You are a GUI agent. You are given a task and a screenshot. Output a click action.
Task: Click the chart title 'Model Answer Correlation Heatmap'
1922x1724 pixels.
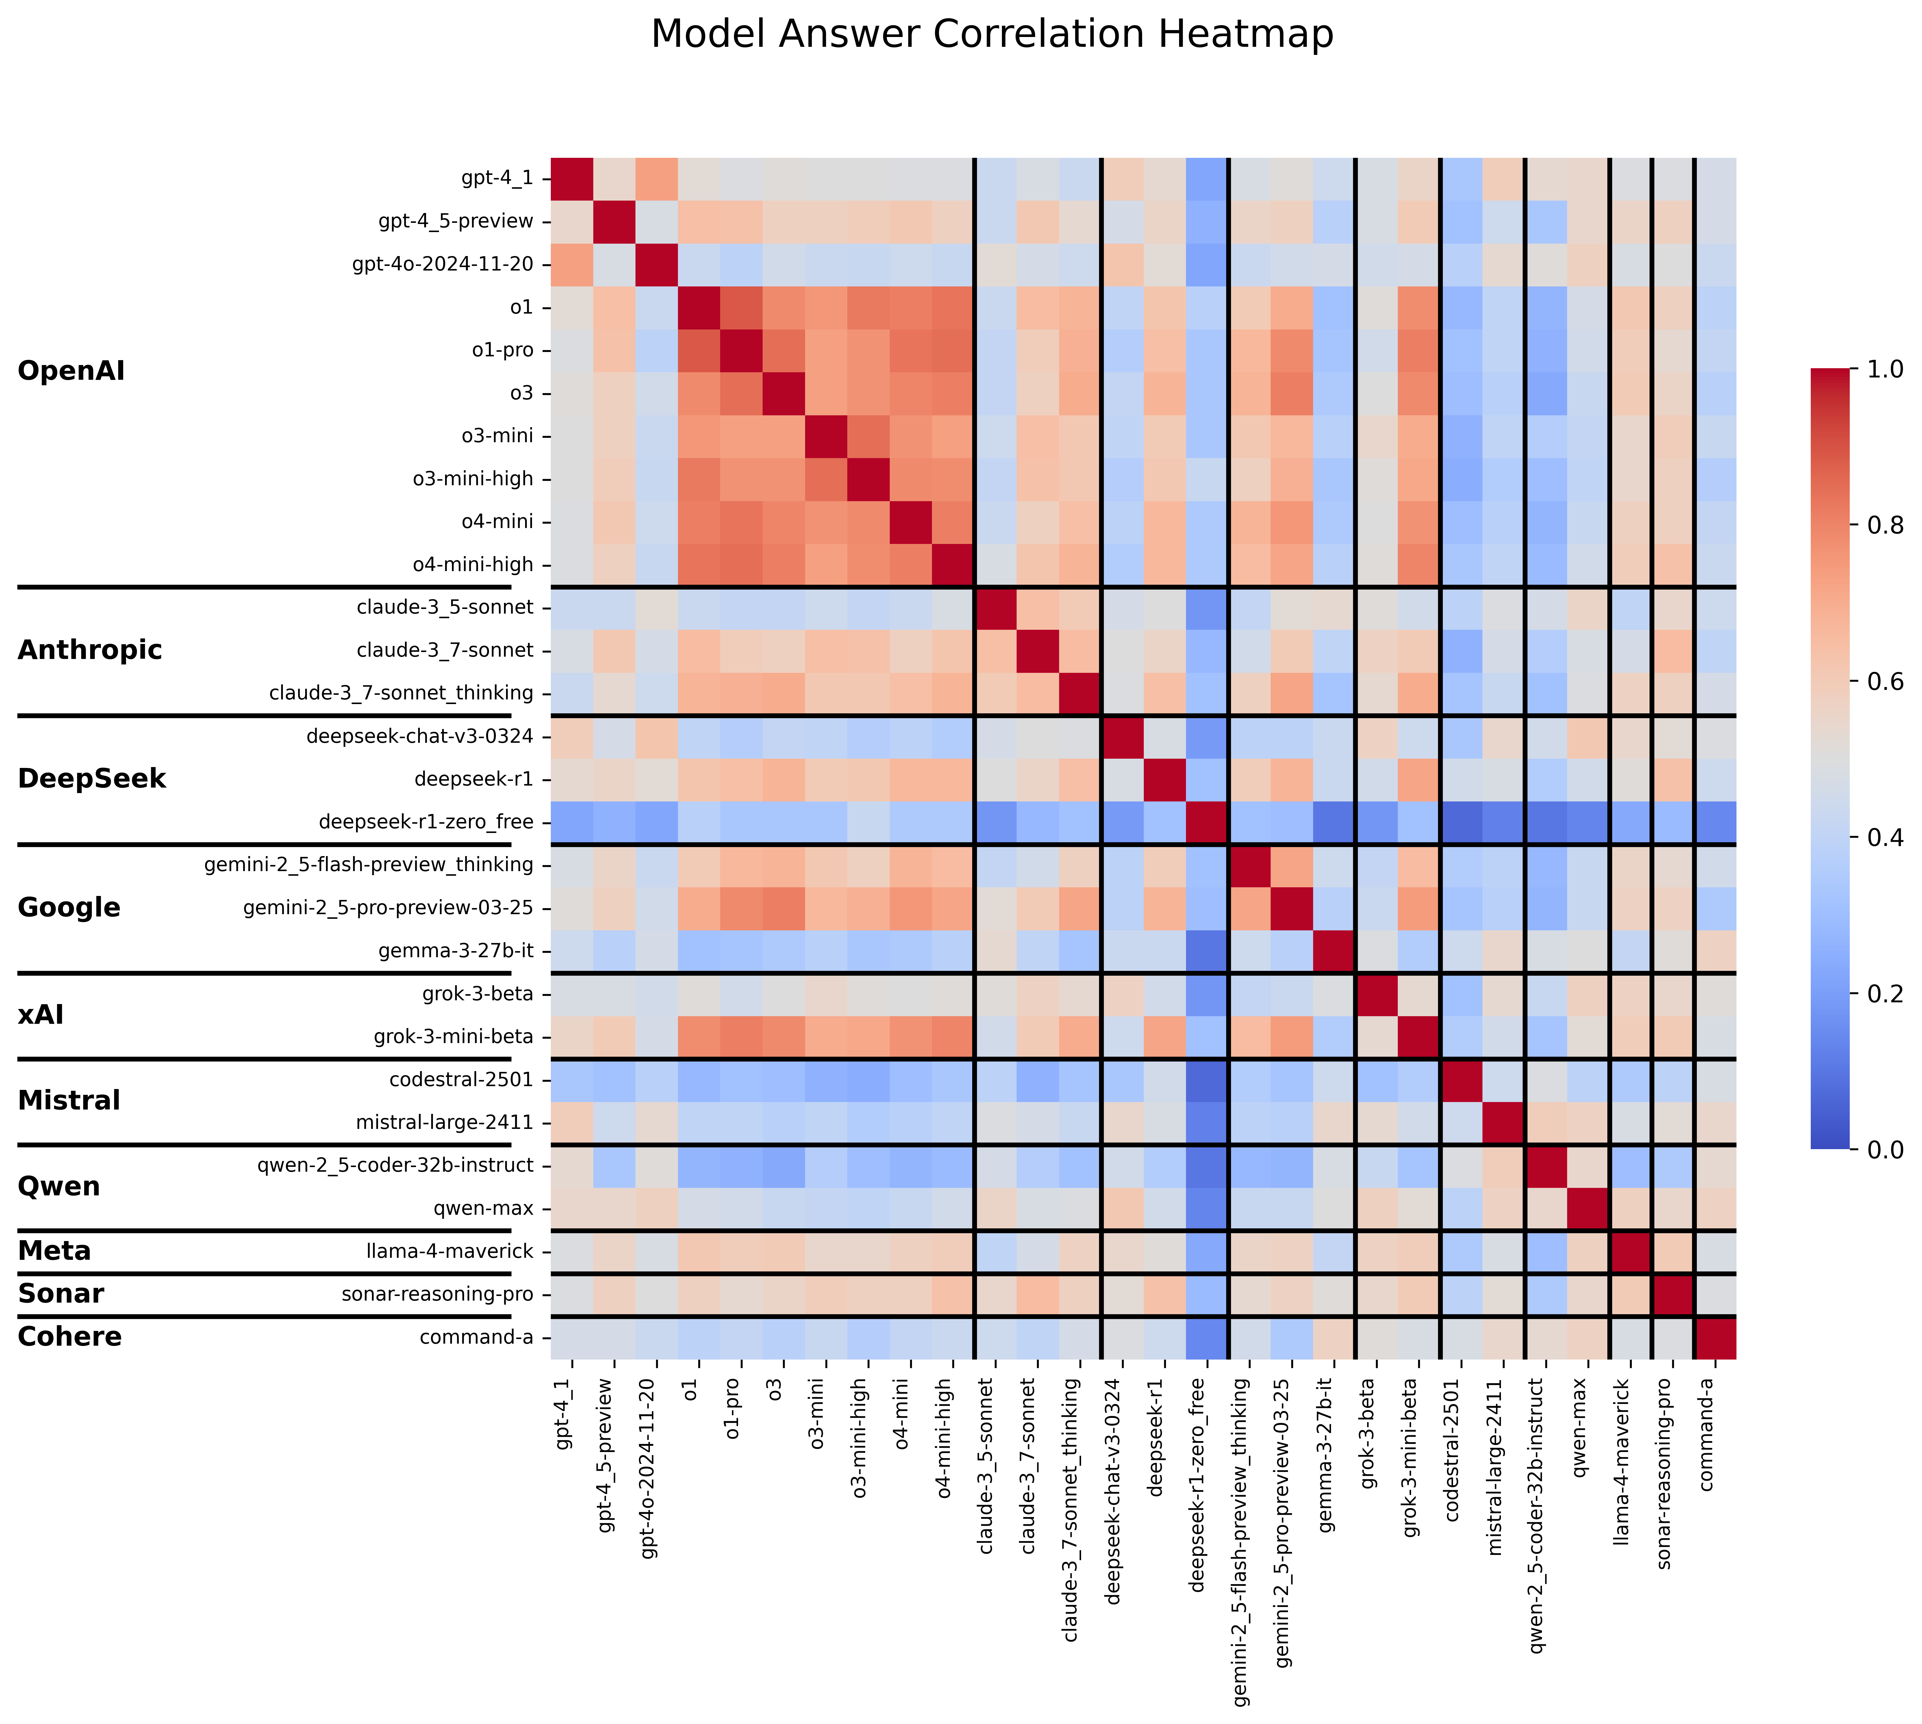click(x=992, y=35)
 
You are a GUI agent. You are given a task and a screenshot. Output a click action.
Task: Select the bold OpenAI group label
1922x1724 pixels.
click(x=71, y=370)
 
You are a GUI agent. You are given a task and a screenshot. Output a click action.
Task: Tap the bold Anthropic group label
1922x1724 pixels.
click(x=90, y=650)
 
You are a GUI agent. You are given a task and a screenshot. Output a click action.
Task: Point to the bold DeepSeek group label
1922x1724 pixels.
click(x=92, y=779)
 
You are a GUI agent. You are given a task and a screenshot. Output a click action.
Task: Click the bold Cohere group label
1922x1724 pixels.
click(x=70, y=1337)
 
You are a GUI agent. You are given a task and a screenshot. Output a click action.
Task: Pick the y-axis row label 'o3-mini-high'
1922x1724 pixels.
click(x=473, y=478)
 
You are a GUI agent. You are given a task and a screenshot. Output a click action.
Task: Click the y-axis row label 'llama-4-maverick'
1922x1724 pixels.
click(x=450, y=1251)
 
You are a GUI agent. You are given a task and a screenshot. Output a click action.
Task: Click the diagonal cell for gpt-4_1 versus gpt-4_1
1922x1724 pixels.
click(x=572, y=178)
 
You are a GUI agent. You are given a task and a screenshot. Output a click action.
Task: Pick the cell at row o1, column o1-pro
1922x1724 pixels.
click(x=742, y=307)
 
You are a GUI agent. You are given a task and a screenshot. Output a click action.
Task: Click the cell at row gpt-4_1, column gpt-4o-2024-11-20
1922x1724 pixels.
click(x=657, y=178)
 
